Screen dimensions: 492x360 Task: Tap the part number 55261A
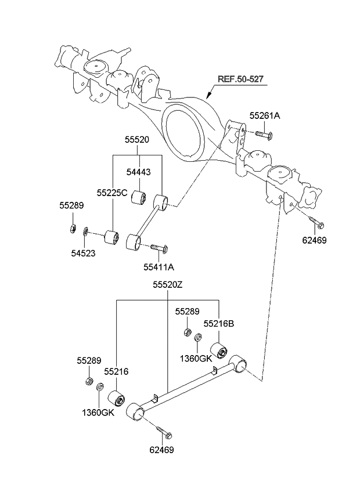[265, 116]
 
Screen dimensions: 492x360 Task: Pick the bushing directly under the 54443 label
[139, 197]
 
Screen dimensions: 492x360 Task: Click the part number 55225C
[111, 192]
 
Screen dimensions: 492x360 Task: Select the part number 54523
[84, 252]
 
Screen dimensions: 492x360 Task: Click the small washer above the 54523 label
[86, 233]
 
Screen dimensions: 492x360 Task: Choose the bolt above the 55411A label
[159, 248]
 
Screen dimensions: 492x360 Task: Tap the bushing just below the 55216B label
[220, 350]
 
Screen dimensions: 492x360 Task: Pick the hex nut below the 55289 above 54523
[71, 227]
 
